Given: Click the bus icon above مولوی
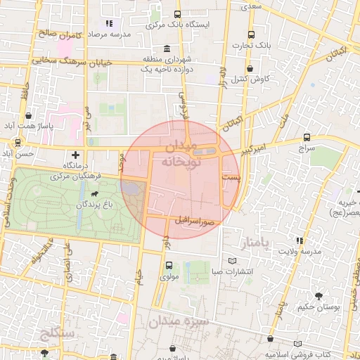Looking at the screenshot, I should pos(169,266).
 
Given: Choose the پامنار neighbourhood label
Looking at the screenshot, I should pos(255,243).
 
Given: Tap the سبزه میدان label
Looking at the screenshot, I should pos(179,323).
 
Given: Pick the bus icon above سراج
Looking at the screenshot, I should pos(307,137).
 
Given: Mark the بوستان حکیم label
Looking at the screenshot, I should pos(324,307).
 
